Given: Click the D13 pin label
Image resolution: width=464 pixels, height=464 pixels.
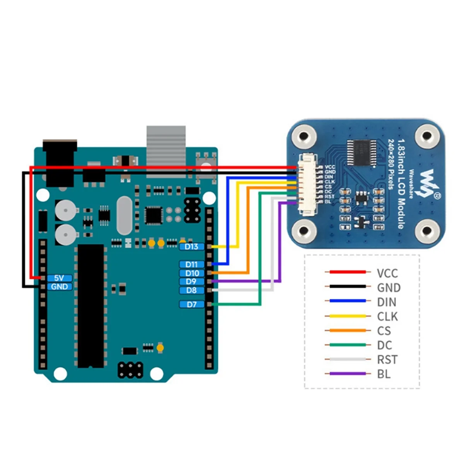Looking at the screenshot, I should (191, 247).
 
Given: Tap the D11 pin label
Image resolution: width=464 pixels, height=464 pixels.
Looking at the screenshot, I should (191, 264).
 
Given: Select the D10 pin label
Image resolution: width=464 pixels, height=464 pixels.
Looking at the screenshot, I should (191, 273).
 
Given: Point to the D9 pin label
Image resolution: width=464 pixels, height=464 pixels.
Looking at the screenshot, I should (191, 282).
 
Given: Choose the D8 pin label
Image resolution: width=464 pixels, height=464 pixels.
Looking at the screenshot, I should (191, 290).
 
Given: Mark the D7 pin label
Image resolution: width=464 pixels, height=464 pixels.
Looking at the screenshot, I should (191, 305).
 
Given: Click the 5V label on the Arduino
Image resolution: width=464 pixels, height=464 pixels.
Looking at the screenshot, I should (59, 278).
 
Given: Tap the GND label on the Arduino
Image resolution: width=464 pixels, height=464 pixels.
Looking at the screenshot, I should (59, 287).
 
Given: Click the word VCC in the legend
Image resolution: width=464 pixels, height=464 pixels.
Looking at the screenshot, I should (387, 273).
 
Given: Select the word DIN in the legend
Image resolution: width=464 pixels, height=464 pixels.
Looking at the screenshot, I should (387, 302).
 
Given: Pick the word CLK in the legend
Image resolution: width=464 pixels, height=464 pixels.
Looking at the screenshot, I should (387, 317).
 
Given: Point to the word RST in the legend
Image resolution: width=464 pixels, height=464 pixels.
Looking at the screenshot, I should (387, 360).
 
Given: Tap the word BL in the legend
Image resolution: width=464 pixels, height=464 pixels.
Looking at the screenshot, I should (384, 374).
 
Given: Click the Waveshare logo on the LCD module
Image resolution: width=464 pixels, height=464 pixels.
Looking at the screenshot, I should (428, 183).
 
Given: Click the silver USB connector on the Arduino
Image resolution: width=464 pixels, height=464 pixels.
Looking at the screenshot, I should (166, 145).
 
